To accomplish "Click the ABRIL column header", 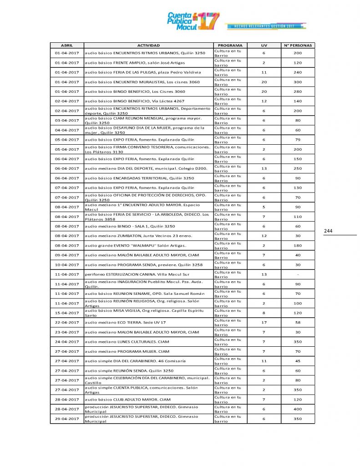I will pos(66,46).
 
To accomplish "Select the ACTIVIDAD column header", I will pos(148,46).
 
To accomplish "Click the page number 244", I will pos(328,231).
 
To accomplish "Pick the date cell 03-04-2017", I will pos(66,120).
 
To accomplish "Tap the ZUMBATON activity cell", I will pos(148,236).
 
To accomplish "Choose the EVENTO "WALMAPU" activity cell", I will pos(148,245).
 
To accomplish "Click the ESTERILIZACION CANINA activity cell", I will pos(148,274).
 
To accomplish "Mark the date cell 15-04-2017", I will pos(66,313).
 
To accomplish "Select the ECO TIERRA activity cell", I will pos(148,322).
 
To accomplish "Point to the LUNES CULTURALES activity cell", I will pos(148,342).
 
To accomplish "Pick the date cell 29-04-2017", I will pos(66,419).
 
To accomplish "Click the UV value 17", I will pos(264,322).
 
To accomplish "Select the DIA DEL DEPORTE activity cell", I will pos(148,168).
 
